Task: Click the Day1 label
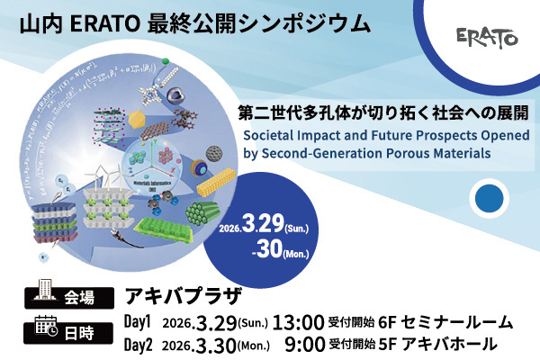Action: click(x=136, y=322)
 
